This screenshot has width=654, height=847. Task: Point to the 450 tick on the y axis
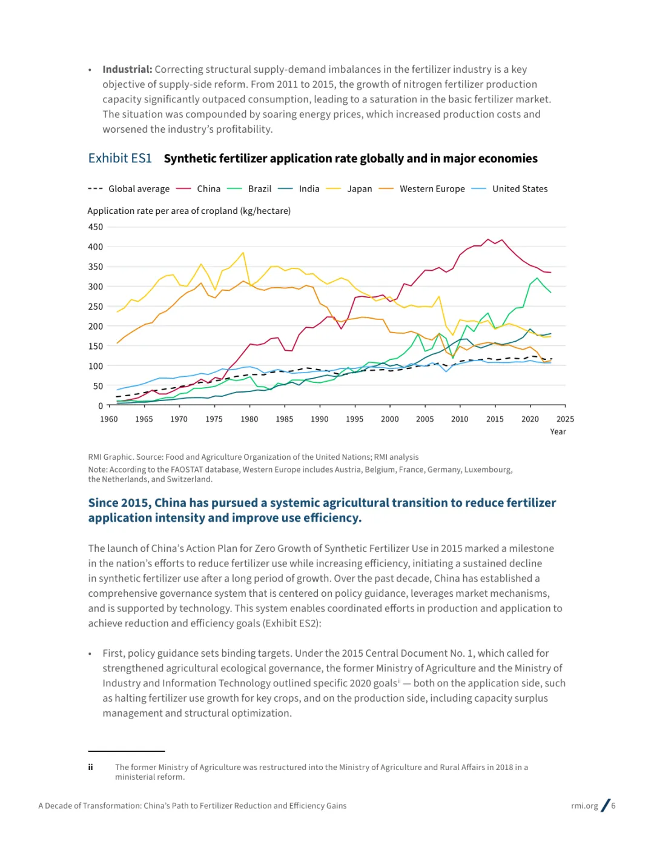[x=96, y=227]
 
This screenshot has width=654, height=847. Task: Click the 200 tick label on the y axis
[x=96, y=327]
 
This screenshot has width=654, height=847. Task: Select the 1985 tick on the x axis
[x=285, y=419]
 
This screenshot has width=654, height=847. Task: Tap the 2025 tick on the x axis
[x=565, y=419]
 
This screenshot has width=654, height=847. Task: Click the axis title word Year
[x=558, y=432]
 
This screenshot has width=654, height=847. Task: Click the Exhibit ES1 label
[x=120, y=159]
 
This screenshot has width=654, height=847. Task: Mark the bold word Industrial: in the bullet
[x=127, y=70]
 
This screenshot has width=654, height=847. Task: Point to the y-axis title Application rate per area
[x=189, y=211]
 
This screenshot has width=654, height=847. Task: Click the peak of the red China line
[x=488, y=239]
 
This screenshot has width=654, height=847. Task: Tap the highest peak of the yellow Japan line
[x=243, y=253]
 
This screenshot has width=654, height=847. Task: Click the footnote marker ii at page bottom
[x=90, y=768]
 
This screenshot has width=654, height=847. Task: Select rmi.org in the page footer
[x=584, y=806]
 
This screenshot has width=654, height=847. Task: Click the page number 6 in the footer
[x=613, y=806]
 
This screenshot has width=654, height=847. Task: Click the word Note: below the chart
[x=97, y=470]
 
